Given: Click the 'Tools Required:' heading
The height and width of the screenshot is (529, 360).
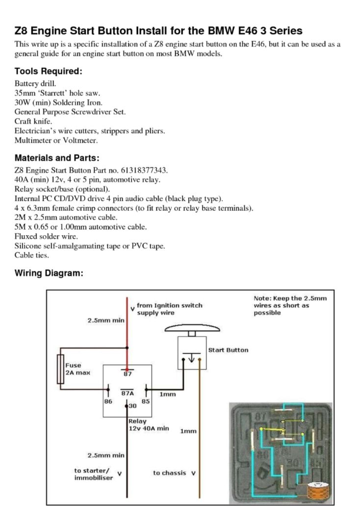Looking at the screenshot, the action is (x=48, y=71).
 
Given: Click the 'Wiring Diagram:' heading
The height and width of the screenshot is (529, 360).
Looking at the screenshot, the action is (x=49, y=273).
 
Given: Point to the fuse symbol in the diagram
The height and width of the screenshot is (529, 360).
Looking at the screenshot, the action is (x=60, y=369).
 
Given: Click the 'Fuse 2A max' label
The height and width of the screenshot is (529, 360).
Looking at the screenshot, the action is (x=78, y=369).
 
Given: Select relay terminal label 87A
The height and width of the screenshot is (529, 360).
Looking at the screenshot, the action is (x=128, y=393).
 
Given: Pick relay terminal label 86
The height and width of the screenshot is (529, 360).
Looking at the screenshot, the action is (x=108, y=402).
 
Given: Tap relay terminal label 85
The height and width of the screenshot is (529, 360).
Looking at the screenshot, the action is (x=146, y=402).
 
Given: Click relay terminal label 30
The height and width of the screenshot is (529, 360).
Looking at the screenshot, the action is (x=132, y=406).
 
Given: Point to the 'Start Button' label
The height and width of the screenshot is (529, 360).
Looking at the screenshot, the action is (x=228, y=350).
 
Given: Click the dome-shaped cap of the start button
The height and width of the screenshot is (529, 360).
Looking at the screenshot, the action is (x=192, y=328).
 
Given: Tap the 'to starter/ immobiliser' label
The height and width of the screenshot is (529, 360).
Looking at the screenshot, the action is (x=92, y=474).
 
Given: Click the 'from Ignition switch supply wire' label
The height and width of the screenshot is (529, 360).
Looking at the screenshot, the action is (x=170, y=309).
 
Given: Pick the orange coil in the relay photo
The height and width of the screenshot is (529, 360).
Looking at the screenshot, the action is (x=318, y=491).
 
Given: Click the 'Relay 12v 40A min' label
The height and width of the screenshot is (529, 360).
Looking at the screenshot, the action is (x=149, y=425).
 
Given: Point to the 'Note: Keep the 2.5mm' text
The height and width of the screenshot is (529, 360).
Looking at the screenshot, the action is (x=290, y=298).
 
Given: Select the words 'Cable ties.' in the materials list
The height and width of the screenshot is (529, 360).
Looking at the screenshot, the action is (x=32, y=255).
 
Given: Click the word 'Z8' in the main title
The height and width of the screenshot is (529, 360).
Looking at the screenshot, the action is (x=21, y=31).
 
